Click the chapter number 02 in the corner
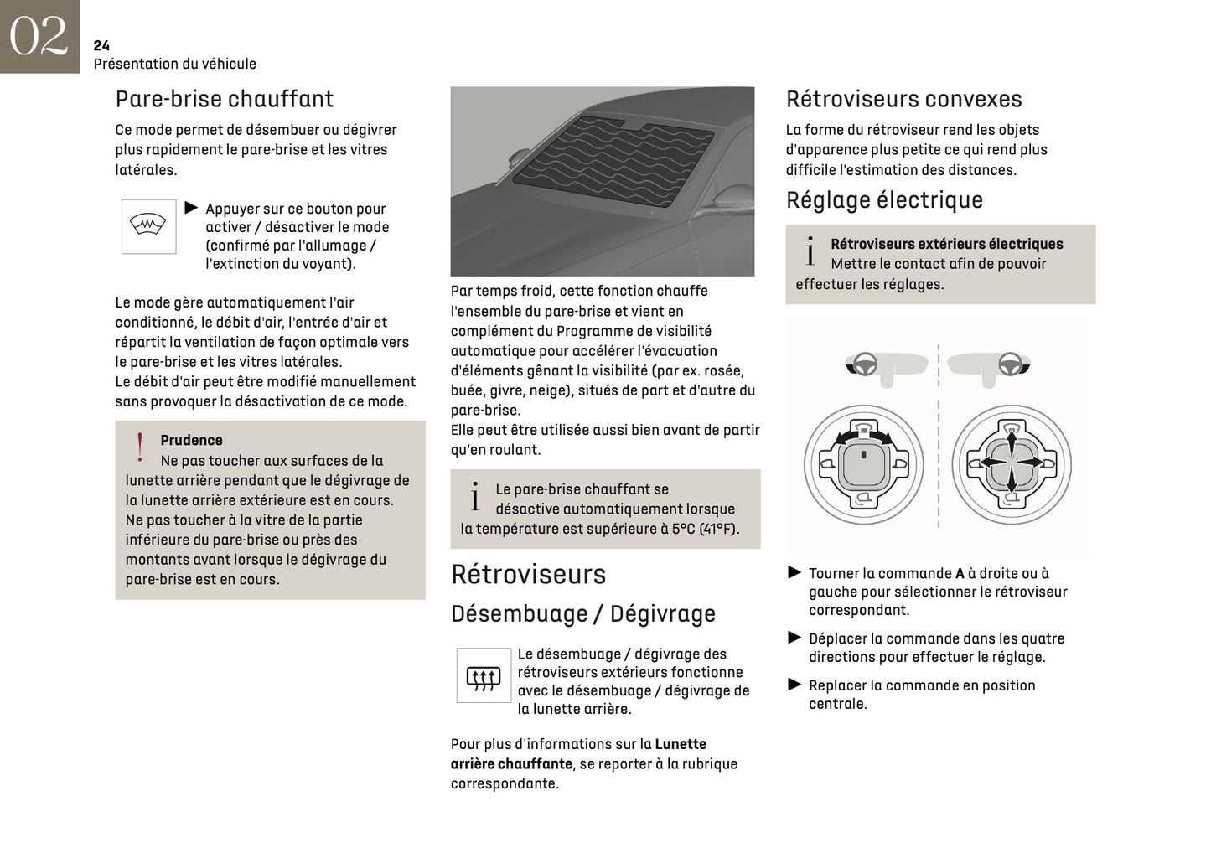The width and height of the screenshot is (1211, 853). point(39,36)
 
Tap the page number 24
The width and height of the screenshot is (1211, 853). point(101,45)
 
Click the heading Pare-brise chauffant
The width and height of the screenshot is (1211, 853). point(224,99)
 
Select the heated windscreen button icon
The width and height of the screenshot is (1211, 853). point(148,226)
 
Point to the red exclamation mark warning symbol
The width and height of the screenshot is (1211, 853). point(140,447)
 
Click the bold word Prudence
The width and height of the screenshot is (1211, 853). point(191,440)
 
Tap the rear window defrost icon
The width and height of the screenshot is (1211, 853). point(483,676)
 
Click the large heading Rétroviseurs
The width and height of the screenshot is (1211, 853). point(528,574)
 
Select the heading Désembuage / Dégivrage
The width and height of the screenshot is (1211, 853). point(582,613)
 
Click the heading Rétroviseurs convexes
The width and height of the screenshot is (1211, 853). point(903,99)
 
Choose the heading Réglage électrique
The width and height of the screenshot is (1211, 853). point(884,200)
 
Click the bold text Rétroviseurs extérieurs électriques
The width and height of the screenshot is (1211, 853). point(946,244)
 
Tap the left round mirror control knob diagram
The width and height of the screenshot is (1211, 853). point(863,464)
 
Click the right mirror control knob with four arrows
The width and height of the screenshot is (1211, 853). point(1011,464)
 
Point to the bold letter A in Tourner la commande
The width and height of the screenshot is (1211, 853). point(960,574)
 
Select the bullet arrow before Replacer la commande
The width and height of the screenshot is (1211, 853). point(794,685)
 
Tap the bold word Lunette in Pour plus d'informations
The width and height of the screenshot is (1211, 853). point(681,744)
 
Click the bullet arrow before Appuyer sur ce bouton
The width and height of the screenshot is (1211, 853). point(191,208)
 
